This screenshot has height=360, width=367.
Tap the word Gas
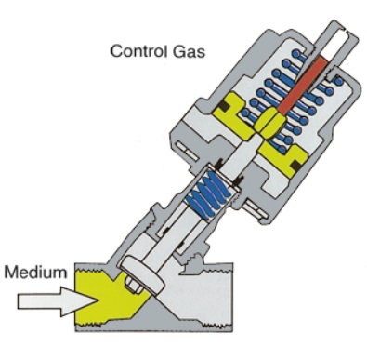click(x=189, y=51)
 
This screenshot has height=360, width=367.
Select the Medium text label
click(x=35, y=273)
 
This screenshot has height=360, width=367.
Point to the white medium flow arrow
click(x=58, y=301)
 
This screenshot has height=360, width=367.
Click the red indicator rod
click(x=303, y=85)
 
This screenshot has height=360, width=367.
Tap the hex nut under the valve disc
click(x=134, y=285)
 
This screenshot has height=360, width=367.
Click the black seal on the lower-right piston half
click(x=296, y=166)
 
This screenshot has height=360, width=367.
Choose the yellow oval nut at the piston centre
click(x=269, y=123)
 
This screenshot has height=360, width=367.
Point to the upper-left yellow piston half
click(x=234, y=116)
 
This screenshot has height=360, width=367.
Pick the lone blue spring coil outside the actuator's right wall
click(x=339, y=81)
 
